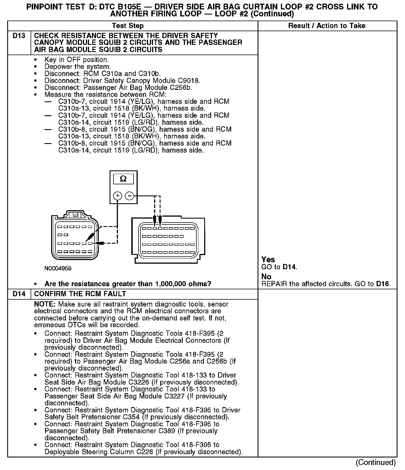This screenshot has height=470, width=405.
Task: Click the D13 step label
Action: click(x=19, y=36)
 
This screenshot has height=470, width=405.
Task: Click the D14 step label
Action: click(x=19, y=294)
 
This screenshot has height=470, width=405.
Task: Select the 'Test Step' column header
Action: click(x=128, y=26)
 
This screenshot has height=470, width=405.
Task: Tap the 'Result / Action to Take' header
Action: click(x=327, y=26)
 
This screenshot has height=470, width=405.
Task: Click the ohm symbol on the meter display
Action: click(x=123, y=179)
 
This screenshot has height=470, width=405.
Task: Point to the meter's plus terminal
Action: click(x=118, y=196)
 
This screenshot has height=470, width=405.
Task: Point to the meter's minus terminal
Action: click(x=129, y=196)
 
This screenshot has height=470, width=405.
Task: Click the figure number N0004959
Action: click(x=58, y=268)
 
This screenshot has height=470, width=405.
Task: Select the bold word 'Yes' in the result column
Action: click(x=268, y=260)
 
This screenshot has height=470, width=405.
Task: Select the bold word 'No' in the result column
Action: click(x=266, y=276)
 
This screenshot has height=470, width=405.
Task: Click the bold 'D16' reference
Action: click(x=382, y=284)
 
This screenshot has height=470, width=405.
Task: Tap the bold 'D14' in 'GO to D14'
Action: click(x=289, y=267)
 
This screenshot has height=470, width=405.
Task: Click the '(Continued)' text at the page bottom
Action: click(x=376, y=462)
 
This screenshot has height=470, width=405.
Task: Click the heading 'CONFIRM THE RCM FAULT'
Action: click(x=80, y=294)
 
